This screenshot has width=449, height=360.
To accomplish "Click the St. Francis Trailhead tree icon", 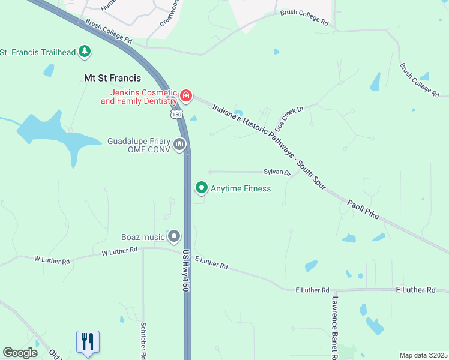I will pyautogui.click(x=85, y=52).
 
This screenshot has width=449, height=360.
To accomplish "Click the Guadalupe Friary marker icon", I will pyautogui.click(x=179, y=145).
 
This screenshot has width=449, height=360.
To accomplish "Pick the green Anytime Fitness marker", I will pyautogui.click(x=202, y=188).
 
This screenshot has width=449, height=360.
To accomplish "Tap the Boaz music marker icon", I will pyautogui.click(x=174, y=236).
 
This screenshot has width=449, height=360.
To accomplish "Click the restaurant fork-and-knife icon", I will pyautogui.click(x=88, y=342).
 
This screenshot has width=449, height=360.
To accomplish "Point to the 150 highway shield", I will pyautogui.click(x=176, y=113).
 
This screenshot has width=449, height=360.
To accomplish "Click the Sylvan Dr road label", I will pyautogui.click(x=277, y=172).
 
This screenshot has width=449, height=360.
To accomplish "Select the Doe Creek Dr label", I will pyautogui.click(x=290, y=119).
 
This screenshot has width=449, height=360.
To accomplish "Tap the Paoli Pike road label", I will pyautogui.click(x=363, y=209).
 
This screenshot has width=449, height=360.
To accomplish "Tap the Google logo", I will pyautogui.click(x=20, y=353).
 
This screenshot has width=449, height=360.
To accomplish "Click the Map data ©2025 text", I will pyautogui.click(x=423, y=355).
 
